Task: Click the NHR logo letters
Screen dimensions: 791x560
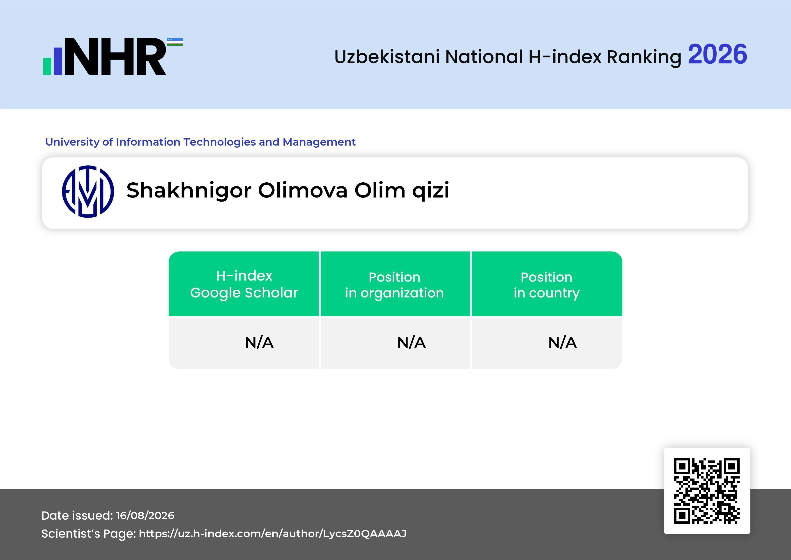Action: (115, 57)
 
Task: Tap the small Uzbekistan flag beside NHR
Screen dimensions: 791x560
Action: (175, 42)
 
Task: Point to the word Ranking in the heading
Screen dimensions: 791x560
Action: (644, 58)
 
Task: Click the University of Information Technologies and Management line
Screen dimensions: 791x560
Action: (200, 142)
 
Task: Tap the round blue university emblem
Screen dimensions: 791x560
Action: (88, 191)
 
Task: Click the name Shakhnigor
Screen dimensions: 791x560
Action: (189, 191)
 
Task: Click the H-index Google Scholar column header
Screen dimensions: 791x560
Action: (244, 284)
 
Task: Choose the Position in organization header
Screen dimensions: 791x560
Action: (394, 285)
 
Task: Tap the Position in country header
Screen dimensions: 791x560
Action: (546, 285)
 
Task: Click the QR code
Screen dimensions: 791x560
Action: (707, 491)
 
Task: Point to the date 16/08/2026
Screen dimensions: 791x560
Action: (145, 516)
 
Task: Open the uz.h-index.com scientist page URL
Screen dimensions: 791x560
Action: (273, 534)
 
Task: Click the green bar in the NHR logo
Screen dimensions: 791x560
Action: (47, 66)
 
